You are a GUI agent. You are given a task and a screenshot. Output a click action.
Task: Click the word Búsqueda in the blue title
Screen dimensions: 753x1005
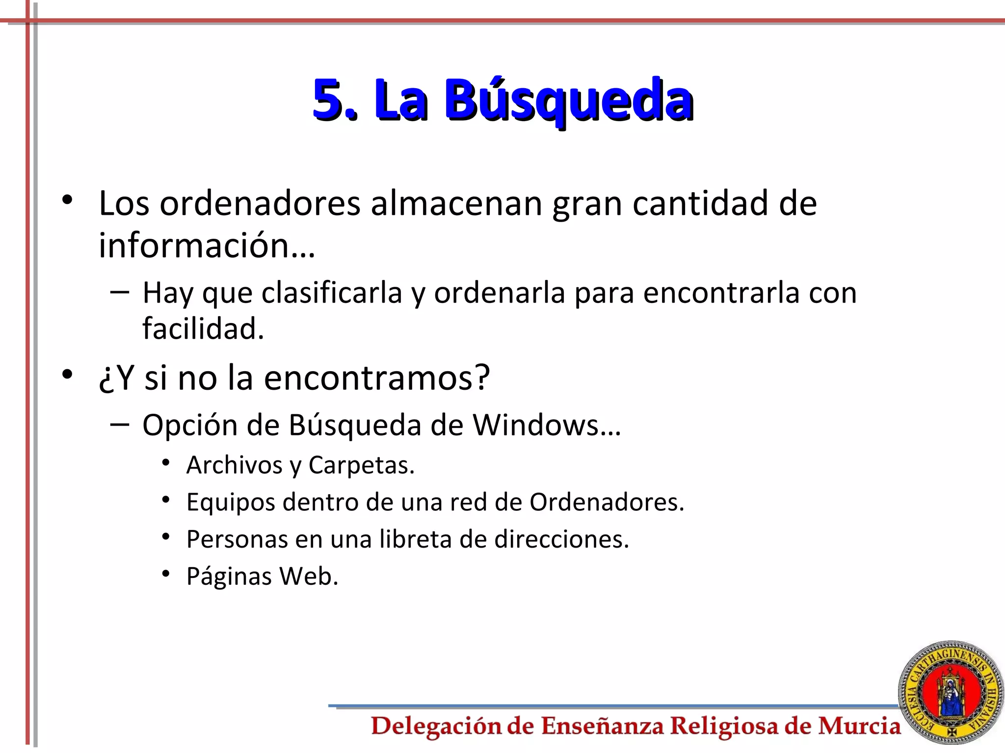click(569, 100)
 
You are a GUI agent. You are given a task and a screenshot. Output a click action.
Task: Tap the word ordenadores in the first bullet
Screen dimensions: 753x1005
click(260, 203)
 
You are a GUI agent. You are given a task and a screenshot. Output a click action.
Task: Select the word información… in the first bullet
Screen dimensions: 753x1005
click(207, 245)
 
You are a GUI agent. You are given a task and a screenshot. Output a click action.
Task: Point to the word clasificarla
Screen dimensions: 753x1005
click(332, 293)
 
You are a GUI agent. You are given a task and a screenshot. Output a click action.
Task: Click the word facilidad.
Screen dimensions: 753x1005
click(203, 328)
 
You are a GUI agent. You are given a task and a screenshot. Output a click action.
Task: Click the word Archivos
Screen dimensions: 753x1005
click(235, 465)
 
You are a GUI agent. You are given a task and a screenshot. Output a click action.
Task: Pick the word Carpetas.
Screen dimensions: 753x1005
click(361, 465)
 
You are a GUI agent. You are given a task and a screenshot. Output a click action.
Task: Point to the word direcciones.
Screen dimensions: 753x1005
click(561, 539)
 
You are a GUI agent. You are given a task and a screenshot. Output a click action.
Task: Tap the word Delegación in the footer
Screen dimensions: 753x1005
click(436, 726)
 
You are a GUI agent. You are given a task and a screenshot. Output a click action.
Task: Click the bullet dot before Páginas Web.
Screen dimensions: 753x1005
click(166, 573)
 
